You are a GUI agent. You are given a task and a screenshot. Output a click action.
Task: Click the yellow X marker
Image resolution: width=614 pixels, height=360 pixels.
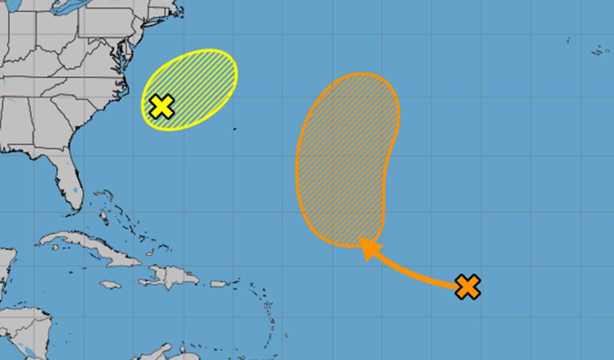162,106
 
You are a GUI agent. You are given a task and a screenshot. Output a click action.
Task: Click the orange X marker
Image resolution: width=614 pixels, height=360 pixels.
468,287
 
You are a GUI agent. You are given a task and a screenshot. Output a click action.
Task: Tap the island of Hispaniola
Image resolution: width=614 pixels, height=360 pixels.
171,276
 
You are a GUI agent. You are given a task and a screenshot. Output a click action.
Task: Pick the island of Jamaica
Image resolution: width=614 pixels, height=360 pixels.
110,284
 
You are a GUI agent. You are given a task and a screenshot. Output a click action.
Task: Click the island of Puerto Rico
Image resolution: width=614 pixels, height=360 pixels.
219,284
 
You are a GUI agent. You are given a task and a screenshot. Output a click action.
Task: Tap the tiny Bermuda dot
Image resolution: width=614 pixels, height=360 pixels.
234,128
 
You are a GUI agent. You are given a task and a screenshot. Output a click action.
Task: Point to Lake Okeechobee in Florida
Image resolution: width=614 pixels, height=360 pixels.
74,191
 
